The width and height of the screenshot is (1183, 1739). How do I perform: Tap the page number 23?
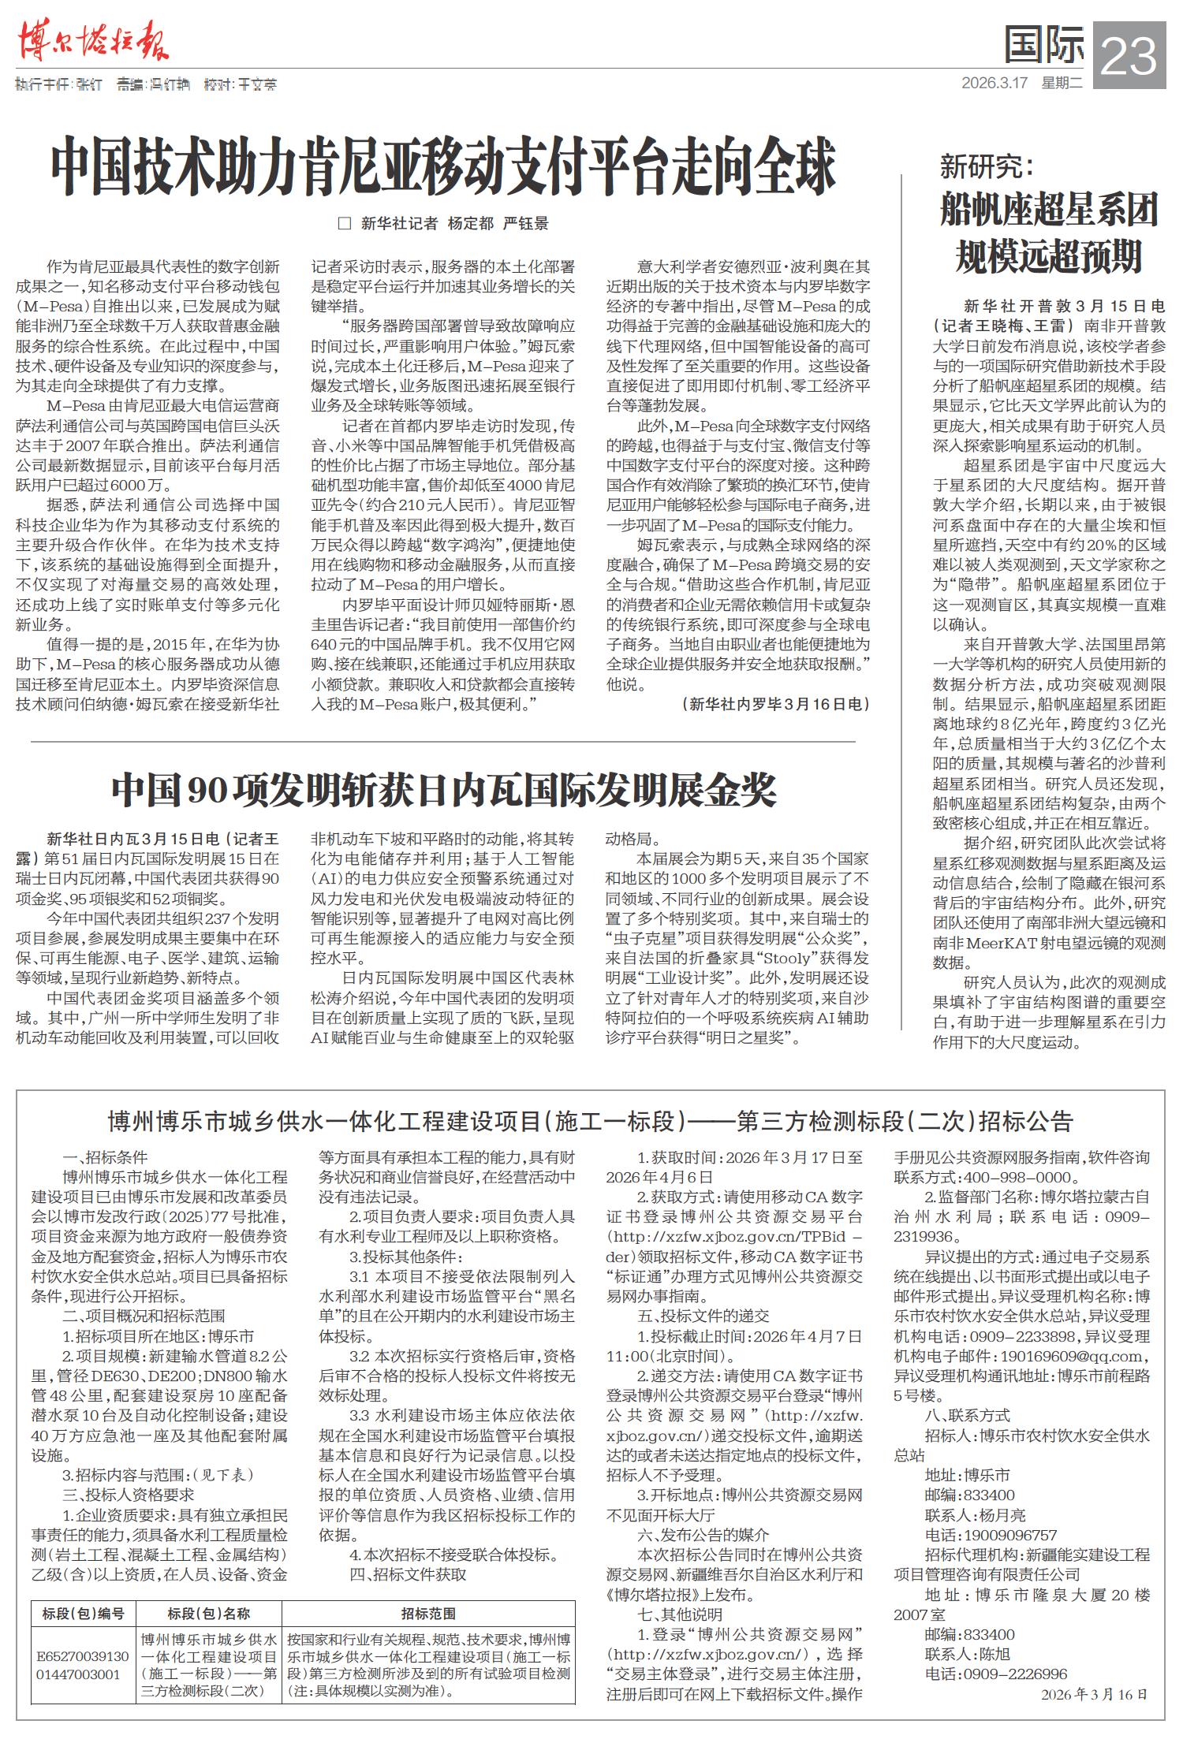click(1130, 55)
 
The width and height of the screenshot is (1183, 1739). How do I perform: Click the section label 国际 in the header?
click(1043, 46)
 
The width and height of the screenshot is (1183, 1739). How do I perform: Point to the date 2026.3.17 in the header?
click(995, 82)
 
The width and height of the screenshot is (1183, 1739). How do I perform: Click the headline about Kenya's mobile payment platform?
click(443, 167)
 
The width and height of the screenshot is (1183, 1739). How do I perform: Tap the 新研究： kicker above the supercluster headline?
click(986, 167)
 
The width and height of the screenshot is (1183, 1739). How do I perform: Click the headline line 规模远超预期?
click(1048, 257)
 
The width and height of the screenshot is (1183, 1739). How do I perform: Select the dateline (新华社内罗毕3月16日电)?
click(775, 704)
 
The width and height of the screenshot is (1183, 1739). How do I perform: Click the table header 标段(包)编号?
click(84, 1614)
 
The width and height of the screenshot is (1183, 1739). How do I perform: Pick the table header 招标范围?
click(427, 1614)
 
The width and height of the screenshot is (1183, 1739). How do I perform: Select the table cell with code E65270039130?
click(84, 1655)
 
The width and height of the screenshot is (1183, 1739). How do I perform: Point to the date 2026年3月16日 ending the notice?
click(1093, 1694)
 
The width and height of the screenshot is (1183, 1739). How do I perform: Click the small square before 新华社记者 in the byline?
click(344, 224)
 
